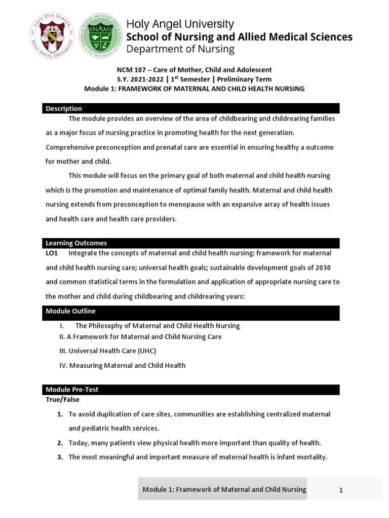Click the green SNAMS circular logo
point(100,35)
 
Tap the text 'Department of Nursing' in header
point(180,49)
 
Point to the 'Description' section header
point(64,108)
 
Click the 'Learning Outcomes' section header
point(76,243)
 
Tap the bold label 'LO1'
point(53,253)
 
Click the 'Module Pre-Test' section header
point(72,390)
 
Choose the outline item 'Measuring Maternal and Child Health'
point(127,365)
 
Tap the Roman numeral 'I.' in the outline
point(62,326)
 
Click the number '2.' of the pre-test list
point(60,443)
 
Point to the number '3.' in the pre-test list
point(60,457)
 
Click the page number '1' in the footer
point(341,490)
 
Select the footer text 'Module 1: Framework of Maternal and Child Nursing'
point(224,489)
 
